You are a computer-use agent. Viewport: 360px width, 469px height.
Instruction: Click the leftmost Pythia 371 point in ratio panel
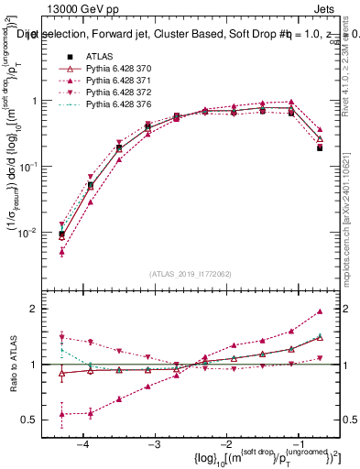(x=61, y=414)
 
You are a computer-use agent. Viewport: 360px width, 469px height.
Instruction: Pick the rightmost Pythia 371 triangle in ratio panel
(x=320, y=311)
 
